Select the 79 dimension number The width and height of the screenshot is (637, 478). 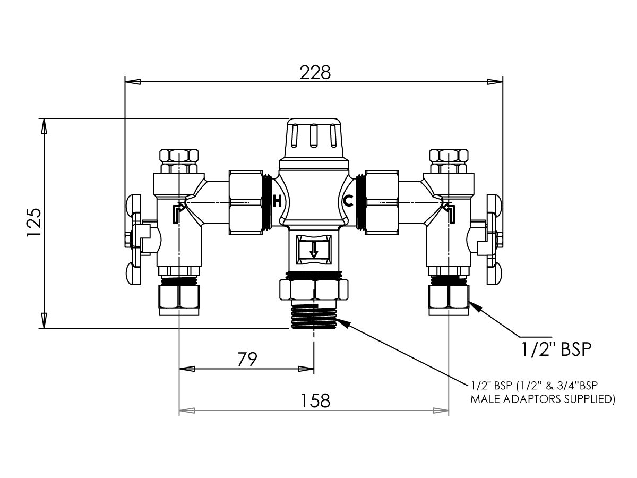[x=247, y=360]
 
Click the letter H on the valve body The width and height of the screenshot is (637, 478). [x=276, y=201]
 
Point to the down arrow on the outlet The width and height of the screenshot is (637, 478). [x=314, y=249]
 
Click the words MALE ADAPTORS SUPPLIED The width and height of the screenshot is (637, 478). [x=543, y=398]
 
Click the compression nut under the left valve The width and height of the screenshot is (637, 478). [x=179, y=299]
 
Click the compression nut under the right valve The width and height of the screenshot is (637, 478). [x=449, y=298]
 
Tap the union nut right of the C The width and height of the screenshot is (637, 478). [x=382, y=202]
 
